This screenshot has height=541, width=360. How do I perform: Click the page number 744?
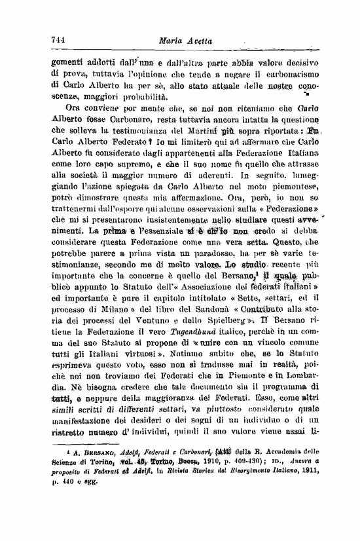(59, 39)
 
